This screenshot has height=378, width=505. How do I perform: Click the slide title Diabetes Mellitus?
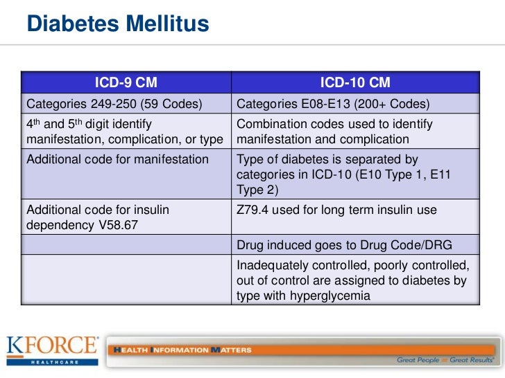click(118, 25)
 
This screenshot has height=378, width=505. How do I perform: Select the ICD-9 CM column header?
click(126, 83)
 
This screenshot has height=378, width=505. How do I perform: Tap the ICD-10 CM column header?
click(354, 83)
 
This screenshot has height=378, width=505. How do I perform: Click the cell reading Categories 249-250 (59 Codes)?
click(114, 105)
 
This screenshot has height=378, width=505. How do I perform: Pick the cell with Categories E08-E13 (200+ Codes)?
click(334, 105)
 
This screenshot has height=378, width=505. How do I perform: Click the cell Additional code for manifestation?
click(117, 159)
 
